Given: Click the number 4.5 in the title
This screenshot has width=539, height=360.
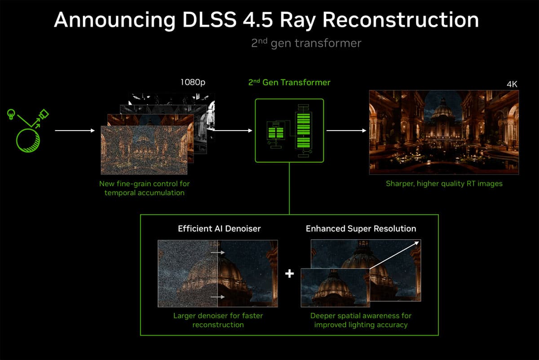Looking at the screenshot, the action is coord(258,20).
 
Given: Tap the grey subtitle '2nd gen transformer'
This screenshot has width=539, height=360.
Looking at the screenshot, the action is coord(306,43).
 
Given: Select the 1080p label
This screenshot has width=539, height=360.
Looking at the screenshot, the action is coord(193,82).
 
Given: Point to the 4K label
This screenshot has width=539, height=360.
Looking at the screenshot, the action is coord(512,84).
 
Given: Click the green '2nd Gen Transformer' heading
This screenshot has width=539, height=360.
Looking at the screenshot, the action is coord(289,82).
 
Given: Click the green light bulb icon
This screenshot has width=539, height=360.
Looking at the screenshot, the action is coord(11,114).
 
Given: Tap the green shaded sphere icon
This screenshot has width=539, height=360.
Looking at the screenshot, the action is coord(28,140).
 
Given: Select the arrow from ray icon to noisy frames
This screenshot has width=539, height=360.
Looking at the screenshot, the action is coord(75,131).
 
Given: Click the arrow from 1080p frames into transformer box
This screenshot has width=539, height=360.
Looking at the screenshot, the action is coord(233,131).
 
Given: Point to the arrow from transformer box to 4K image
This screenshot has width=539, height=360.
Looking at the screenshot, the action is coord(346,131).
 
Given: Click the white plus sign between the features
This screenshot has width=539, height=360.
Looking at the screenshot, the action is coord(289,273).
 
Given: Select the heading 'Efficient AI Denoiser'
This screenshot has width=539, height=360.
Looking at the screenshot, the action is coord(219,228).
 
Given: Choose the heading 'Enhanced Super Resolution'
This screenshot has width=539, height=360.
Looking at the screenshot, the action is coord(361,228).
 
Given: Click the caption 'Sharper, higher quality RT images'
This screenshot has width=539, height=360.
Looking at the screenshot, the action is coord(444,184).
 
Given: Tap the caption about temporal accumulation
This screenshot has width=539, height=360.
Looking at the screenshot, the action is coord(144,188).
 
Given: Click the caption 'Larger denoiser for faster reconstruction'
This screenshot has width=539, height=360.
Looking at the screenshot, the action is coord(218,320).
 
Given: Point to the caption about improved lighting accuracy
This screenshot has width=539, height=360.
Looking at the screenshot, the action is coord(361,320).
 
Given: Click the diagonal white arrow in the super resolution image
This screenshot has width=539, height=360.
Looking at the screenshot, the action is coord(394,255).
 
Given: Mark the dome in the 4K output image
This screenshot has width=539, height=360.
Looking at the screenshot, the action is coord(443,110).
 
